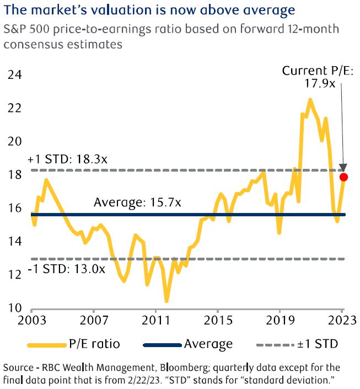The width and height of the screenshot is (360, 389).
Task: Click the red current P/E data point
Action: [343, 177]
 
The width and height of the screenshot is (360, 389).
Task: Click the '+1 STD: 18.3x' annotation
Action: [67, 159]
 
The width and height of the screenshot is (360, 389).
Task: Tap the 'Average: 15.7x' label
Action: [137, 203]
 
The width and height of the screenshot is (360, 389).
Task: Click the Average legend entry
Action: [187, 344]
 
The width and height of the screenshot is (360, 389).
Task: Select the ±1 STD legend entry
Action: [298, 344]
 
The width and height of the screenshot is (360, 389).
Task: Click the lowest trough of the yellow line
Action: [166, 301]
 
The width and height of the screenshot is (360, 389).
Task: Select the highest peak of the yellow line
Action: [310, 100]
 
